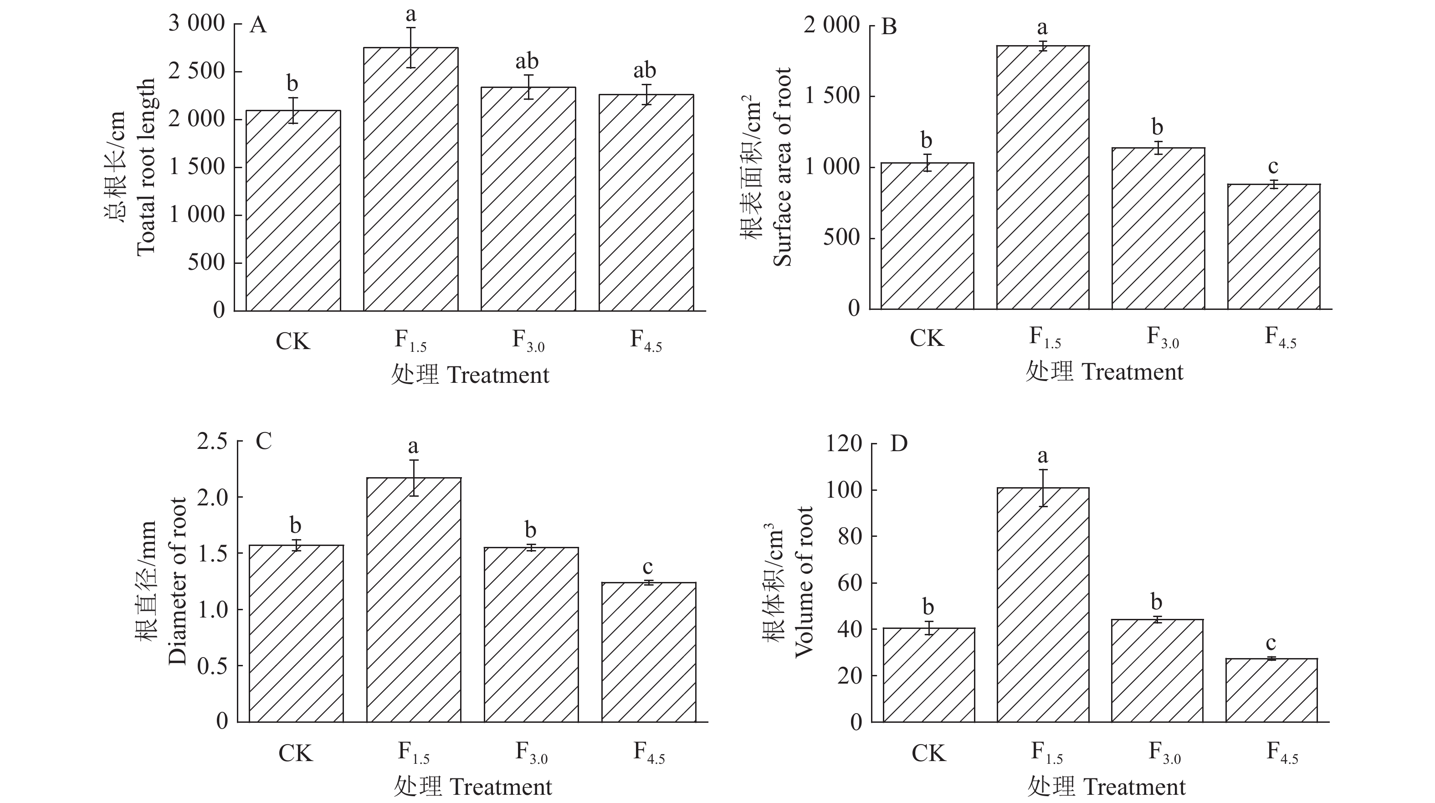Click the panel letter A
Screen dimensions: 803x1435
coord(258,26)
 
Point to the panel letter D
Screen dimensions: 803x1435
coord(898,443)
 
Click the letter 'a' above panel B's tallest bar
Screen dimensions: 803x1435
coord(1042,27)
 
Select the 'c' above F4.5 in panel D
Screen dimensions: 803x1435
coord(1271,643)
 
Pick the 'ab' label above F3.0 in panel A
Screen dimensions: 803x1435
coord(527,61)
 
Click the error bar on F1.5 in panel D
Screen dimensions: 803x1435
coord(1043,488)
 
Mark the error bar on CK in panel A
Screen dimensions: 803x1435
coord(293,110)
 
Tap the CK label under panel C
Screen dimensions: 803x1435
coord(295,753)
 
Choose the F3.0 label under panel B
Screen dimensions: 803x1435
coord(1163,338)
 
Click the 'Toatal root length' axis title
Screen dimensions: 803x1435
coord(146,167)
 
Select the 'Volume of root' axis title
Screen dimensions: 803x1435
coord(804,582)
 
